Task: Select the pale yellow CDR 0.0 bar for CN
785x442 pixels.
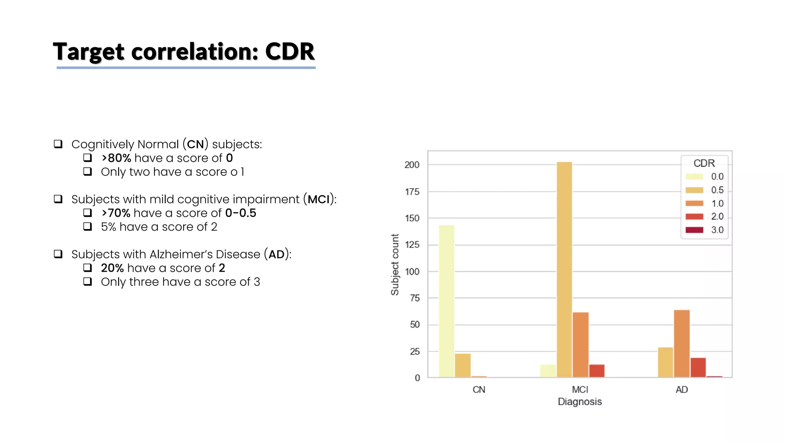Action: (x=447, y=301)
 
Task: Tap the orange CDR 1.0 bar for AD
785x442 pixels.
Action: (x=682, y=343)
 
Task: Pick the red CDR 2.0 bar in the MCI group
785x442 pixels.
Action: (x=597, y=371)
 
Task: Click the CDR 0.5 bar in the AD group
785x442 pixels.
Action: (x=665, y=362)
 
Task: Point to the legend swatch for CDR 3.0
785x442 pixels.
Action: (x=694, y=230)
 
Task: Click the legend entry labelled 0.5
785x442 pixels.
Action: (x=717, y=190)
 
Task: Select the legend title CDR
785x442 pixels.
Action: (x=704, y=163)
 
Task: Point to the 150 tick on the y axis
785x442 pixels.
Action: (x=412, y=218)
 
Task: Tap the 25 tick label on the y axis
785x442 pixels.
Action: (x=415, y=351)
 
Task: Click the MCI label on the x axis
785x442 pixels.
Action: (x=580, y=389)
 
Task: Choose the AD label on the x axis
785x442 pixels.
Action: (x=682, y=389)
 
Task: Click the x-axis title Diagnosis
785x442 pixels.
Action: (x=580, y=402)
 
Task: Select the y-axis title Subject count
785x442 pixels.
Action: (x=395, y=264)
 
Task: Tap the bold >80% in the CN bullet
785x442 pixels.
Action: (x=116, y=158)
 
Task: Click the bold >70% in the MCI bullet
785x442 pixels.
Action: (x=116, y=213)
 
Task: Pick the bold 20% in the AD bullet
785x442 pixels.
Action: (x=112, y=268)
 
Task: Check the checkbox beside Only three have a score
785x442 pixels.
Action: (x=88, y=282)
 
